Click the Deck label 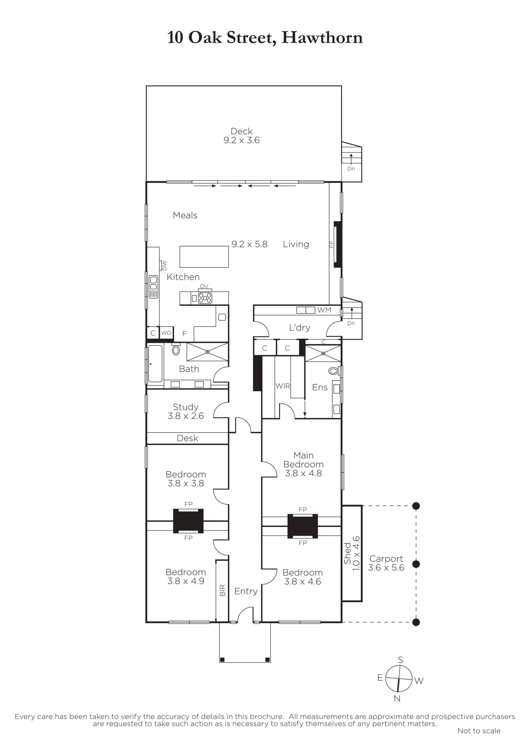click(x=241, y=131)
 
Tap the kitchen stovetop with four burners click(x=205, y=298)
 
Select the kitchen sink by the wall click(x=153, y=287)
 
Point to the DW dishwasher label click(x=164, y=266)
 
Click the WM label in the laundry click(x=324, y=310)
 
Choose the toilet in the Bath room click(x=176, y=350)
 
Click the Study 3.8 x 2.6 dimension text click(x=185, y=416)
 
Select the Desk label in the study click(x=187, y=438)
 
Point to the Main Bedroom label click(x=303, y=460)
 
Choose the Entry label click(x=246, y=591)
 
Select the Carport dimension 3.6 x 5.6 click(x=386, y=568)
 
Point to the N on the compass click(x=397, y=699)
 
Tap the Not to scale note click(x=479, y=731)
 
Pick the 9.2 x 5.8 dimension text click(x=250, y=244)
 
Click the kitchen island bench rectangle click(x=204, y=257)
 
